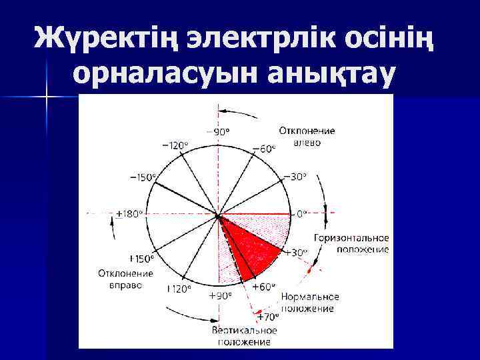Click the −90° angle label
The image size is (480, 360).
click(x=219, y=131)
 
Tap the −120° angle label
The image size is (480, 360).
click(x=175, y=145)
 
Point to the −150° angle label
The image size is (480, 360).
click(x=143, y=177)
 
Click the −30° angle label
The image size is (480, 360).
click(x=295, y=177)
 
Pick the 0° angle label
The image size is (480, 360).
click(x=302, y=214)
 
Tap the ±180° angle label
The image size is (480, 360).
click(x=129, y=214)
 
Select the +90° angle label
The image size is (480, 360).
click(x=220, y=295)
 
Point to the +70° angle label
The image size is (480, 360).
click(x=268, y=317)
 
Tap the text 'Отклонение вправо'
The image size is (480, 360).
click(x=125, y=279)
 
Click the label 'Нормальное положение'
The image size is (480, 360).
click(x=310, y=303)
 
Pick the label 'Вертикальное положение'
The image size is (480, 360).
click(x=245, y=336)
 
